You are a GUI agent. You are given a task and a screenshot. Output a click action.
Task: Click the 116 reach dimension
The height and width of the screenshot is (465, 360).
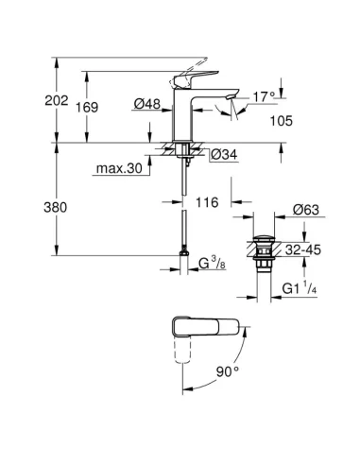tap(207, 202)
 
